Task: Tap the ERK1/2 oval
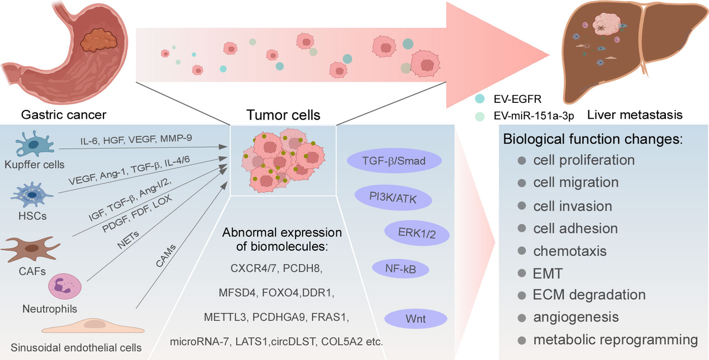pos(417,233)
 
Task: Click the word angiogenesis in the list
pos(576,317)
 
